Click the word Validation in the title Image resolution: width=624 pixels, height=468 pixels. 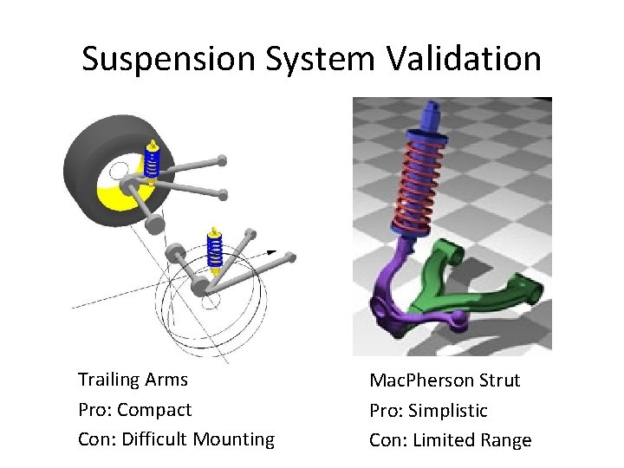(462, 60)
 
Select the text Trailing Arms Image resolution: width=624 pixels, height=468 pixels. (133, 380)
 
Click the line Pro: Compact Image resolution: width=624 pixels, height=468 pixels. (134, 409)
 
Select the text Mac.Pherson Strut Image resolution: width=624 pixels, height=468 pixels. (445, 380)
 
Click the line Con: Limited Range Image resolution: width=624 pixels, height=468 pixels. (450, 440)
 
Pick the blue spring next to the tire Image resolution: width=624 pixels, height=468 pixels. (153, 164)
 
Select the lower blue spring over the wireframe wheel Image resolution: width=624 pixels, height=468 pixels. (215, 250)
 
